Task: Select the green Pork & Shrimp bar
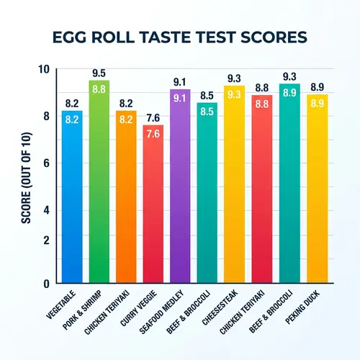click(99, 187)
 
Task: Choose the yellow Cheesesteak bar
click(233, 187)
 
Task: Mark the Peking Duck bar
click(317, 191)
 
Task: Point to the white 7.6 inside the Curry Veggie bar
click(153, 134)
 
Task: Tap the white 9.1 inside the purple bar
click(179, 98)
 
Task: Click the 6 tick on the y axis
click(45, 163)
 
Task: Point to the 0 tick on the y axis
click(45, 283)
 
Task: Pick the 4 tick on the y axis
click(45, 211)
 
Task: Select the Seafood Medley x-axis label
click(170, 308)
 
